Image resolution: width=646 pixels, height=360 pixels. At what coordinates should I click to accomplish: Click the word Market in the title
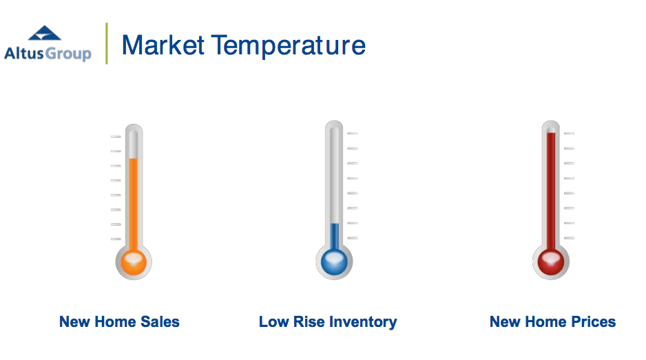(x=163, y=45)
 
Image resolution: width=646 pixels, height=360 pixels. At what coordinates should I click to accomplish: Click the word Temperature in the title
(x=289, y=45)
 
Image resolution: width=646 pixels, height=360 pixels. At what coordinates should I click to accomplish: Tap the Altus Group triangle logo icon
(x=45, y=33)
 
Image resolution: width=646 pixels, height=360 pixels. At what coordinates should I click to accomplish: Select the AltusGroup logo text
(x=48, y=54)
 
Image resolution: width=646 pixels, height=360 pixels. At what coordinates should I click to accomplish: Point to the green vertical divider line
(x=107, y=43)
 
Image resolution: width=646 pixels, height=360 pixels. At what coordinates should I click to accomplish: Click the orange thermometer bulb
(x=134, y=262)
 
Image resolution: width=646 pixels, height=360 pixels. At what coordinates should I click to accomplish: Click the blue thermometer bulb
(x=334, y=262)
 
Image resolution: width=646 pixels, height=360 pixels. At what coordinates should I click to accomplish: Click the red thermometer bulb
(x=551, y=262)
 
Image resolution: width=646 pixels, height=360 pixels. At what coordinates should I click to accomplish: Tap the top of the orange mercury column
(x=134, y=159)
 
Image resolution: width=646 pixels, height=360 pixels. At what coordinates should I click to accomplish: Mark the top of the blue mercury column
(x=335, y=224)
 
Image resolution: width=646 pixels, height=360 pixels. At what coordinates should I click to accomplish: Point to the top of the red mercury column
(x=551, y=133)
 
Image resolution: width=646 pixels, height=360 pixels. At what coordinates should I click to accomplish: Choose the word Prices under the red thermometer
(x=593, y=321)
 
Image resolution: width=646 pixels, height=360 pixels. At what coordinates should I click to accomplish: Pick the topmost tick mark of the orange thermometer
(x=116, y=136)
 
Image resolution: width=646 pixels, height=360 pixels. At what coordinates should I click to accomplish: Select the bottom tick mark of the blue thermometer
(x=352, y=238)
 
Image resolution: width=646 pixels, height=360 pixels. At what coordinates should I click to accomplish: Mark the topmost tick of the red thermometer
(x=569, y=134)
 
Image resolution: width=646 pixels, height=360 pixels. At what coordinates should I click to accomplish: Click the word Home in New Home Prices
(x=545, y=321)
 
